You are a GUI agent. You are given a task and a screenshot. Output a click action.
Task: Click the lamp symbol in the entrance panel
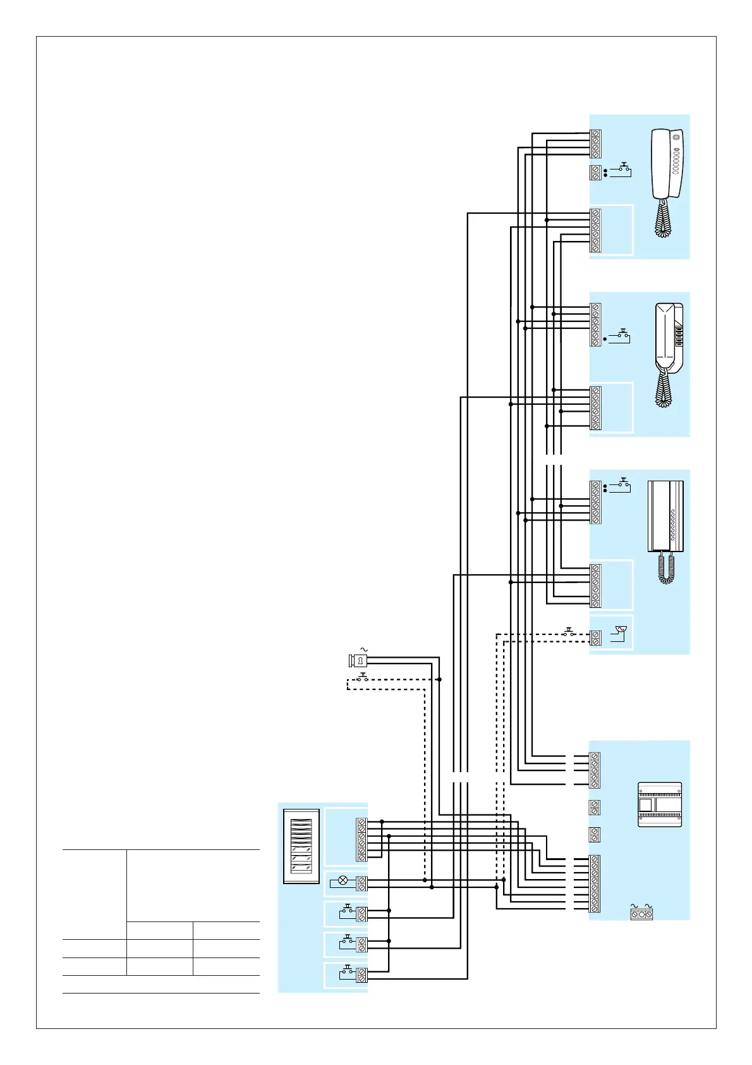click(x=343, y=880)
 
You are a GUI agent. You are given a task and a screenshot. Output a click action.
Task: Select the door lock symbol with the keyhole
click(x=358, y=661)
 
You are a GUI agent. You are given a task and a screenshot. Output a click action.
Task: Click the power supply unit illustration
click(x=660, y=804)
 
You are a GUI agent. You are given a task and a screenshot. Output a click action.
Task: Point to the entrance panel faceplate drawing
click(x=301, y=846)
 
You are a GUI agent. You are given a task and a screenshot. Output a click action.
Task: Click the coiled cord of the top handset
click(x=663, y=219)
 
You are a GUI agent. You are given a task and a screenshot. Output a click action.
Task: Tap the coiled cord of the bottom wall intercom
click(x=667, y=568)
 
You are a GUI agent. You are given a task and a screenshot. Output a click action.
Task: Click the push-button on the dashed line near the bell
click(x=569, y=632)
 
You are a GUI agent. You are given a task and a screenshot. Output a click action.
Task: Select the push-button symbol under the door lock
click(x=363, y=677)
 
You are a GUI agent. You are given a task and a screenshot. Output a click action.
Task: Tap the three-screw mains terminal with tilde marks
click(x=641, y=914)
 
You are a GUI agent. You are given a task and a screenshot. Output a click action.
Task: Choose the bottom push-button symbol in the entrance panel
click(x=347, y=973)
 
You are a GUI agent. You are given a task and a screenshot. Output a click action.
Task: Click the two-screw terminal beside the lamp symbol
click(x=361, y=883)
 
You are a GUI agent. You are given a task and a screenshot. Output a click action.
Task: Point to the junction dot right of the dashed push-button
click(x=439, y=679)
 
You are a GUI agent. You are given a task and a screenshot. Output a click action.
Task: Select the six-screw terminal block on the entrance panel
click(x=361, y=840)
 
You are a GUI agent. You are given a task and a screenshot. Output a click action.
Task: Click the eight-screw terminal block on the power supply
click(x=594, y=883)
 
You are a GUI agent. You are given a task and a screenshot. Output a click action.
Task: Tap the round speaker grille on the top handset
click(x=677, y=137)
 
